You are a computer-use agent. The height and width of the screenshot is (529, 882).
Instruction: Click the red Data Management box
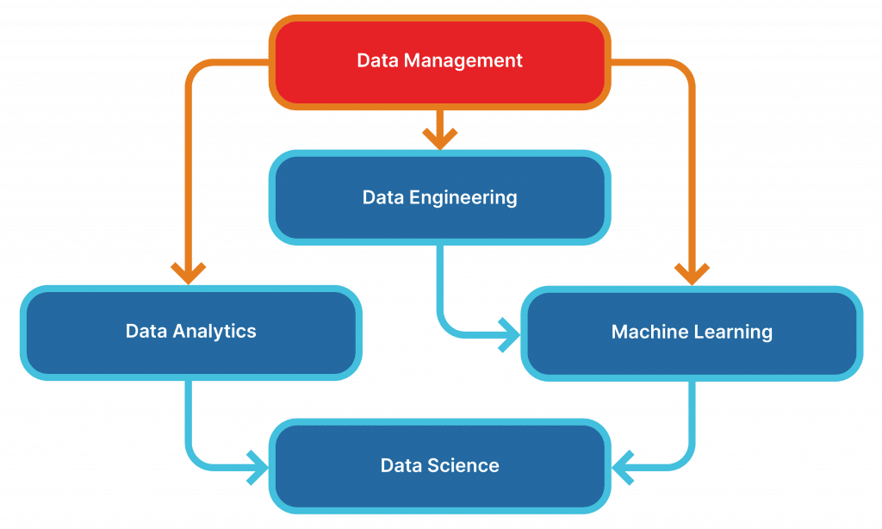point(440,62)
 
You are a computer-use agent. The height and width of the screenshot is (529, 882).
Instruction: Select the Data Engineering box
point(440,197)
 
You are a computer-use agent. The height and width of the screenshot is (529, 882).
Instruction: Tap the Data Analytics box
point(190,333)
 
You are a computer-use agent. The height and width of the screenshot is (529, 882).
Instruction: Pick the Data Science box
point(440,466)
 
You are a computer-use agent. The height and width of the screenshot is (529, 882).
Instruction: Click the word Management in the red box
point(463,61)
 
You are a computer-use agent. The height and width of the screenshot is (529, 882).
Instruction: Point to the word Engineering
point(463,198)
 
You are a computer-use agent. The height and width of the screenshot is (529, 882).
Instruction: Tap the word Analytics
point(214,332)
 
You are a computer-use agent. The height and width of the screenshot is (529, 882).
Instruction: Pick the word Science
point(463,465)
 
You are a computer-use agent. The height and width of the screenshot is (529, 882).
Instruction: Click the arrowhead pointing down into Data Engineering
point(440,139)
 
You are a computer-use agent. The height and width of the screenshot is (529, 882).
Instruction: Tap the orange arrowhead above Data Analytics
point(189,273)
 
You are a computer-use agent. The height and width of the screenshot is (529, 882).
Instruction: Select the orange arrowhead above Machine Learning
point(692,274)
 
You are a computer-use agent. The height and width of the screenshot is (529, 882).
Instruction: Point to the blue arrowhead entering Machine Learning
point(510,335)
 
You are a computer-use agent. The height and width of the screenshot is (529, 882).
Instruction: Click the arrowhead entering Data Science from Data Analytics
point(258,468)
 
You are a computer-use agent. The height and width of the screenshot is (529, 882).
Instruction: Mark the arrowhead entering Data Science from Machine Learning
point(623,468)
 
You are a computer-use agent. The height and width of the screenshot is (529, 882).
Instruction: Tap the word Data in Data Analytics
point(146,331)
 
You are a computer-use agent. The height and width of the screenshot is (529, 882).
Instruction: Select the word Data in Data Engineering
point(383,197)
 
